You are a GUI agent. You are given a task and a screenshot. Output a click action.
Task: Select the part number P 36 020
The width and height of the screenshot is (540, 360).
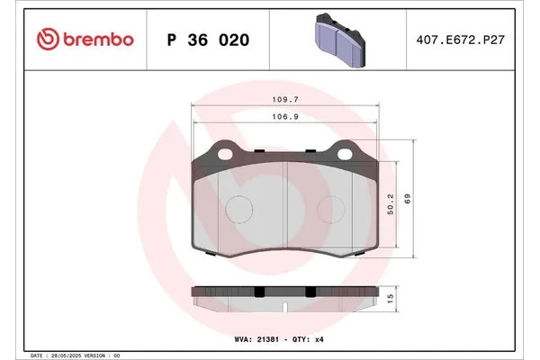tap(210, 40)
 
